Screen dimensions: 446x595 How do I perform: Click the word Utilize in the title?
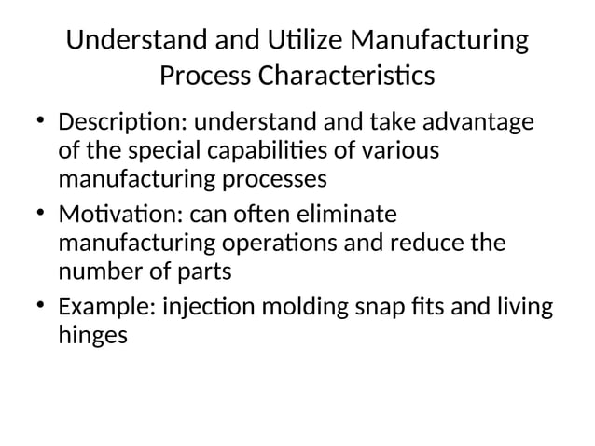click(296, 42)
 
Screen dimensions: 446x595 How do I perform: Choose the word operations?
click(284, 243)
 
